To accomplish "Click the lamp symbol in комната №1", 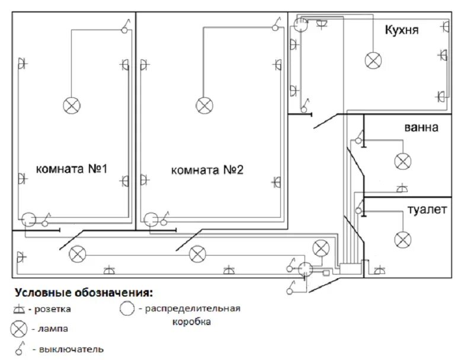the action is coord(72,106).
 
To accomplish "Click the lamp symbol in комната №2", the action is coord(204,106).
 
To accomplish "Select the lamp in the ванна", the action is coord(403,161).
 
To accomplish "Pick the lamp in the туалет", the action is coord(403,239).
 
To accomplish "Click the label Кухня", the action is coord(402,30).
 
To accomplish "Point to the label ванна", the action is coord(421,128).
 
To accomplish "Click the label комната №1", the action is coord(71,169).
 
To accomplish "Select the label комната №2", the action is coord(207,170).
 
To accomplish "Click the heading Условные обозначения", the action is coord(83,292).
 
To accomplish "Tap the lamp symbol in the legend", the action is coord(19,328).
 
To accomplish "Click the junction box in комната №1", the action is coord(29,219).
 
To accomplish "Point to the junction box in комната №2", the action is coord(152,219).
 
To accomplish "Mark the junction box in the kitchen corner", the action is coord(302,25).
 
